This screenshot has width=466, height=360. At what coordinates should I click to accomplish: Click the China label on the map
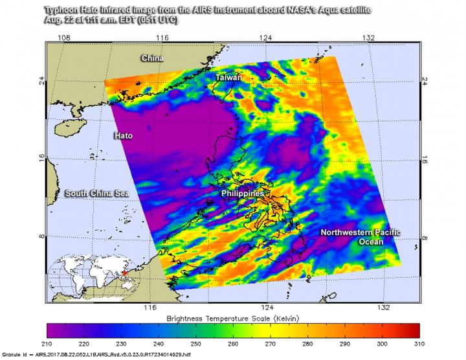(153, 59)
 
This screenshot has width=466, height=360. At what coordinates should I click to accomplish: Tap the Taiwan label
(228, 78)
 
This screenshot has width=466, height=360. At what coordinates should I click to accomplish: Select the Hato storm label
(124, 136)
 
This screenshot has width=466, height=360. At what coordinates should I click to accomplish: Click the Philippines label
(243, 194)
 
